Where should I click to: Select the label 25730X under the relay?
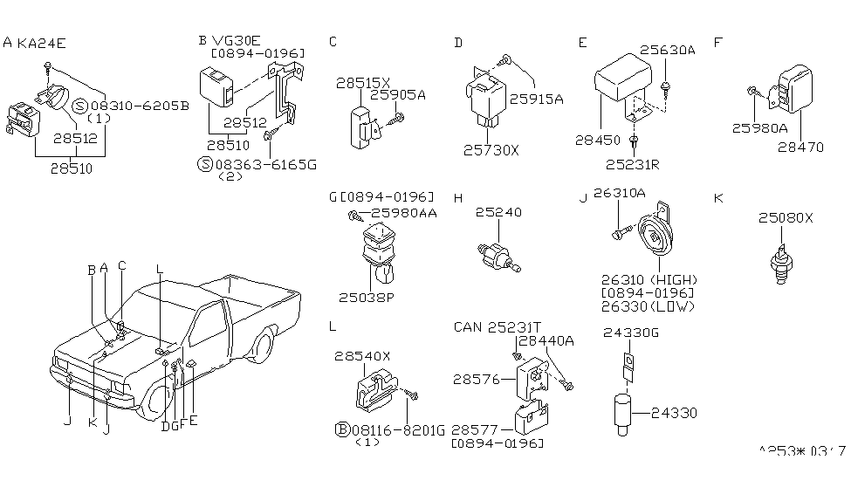[492, 149]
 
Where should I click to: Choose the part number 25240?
[498, 212]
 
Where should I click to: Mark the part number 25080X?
[786, 217]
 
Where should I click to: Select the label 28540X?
[361, 357]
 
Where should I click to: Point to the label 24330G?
[628, 332]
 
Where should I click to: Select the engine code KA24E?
[40, 42]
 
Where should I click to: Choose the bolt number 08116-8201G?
[398, 429]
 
